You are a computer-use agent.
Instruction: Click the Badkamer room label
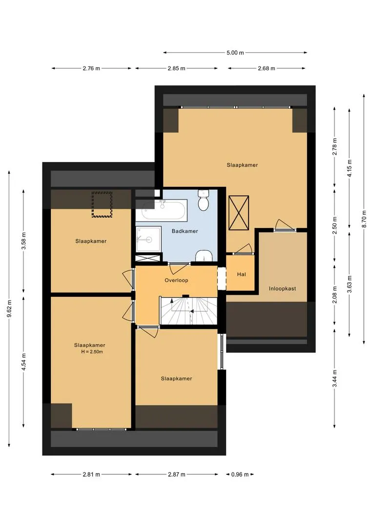tap(185, 231)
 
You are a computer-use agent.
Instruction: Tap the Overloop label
tap(176, 280)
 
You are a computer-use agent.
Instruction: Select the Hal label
tap(241, 274)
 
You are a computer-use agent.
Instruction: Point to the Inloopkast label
tap(282, 288)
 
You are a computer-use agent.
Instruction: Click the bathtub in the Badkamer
tap(164, 210)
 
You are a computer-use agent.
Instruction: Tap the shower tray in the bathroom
tap(148, 239)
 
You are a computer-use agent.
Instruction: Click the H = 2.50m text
tap(92, 352)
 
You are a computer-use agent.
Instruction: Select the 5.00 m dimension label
tap(235, 53)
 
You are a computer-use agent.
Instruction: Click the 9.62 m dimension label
tap(9, 308)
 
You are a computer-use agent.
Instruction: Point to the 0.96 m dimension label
tap(240, 475)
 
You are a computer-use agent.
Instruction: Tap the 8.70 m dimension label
tap(364, 219)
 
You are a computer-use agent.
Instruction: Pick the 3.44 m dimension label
tap(334, 379)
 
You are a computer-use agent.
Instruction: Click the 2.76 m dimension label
tap(91, 69)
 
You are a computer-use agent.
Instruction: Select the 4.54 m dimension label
tap(23, 362)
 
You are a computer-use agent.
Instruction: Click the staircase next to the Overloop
tap(188, 310)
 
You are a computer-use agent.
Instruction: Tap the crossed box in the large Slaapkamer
tap(239, 213)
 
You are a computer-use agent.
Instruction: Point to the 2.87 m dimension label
tap(177, 475)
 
